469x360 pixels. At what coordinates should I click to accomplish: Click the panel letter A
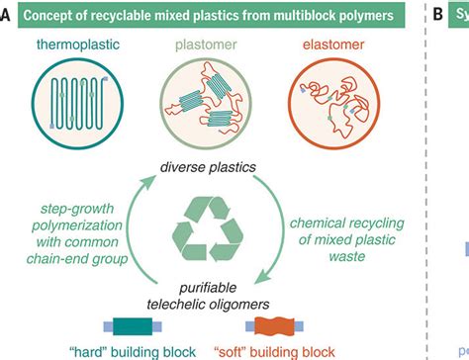8,16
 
